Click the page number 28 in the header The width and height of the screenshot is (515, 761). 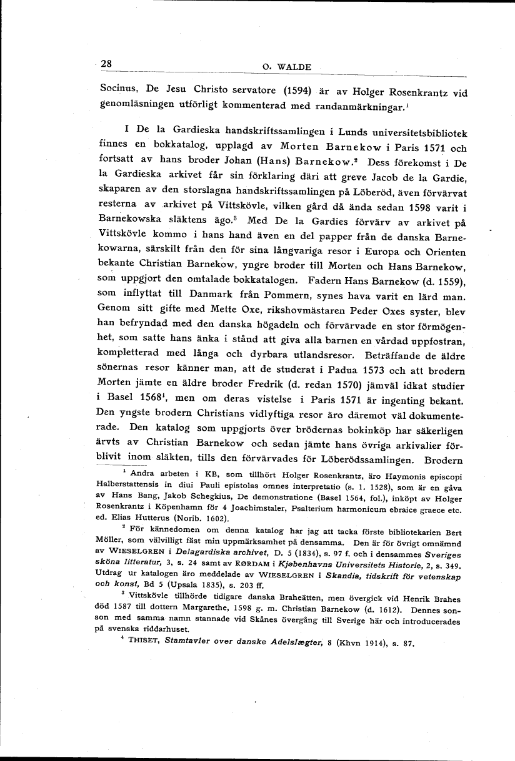[105, 64]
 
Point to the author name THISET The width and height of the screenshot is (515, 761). [144, 644]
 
